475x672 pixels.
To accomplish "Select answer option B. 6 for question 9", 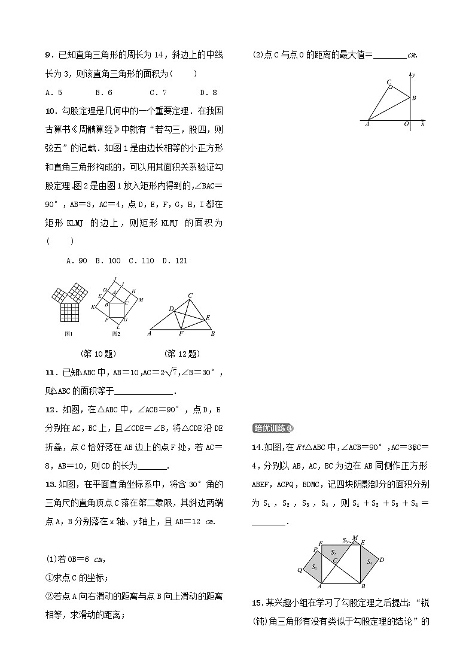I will click(103, 93).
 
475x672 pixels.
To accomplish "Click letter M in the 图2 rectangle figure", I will click(141, 299).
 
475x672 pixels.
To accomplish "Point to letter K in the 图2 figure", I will click(93, 308).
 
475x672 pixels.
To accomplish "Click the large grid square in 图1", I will click(70, 312).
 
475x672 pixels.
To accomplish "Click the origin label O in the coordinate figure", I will click(406, 124).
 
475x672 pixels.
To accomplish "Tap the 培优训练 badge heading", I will click(273, 428).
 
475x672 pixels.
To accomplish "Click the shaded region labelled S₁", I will click(313, 567).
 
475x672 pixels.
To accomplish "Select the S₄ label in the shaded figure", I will click(370, 562).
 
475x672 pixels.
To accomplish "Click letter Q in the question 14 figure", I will click(300, 570).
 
